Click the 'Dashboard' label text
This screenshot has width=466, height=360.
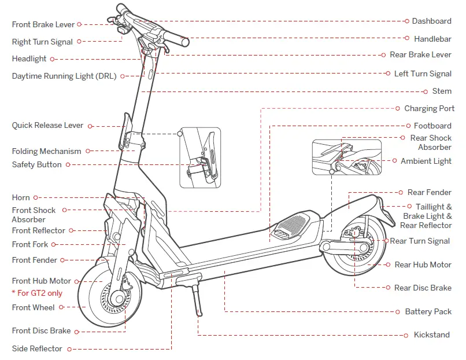(x=431, y=21)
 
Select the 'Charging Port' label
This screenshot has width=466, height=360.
(x=429, y=109)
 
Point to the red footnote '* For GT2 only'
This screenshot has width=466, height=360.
(x=37, y=293)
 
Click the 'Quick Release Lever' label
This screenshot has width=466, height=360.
(x=47, y=126)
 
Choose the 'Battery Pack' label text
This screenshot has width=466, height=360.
(x=428, y=312)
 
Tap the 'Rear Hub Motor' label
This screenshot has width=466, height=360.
(x=423, y=265)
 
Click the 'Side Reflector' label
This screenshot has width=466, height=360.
(x=37, y=349)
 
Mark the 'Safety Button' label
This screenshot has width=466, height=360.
(x=36, y=165)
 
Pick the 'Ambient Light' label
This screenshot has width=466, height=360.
(x=426, y=161)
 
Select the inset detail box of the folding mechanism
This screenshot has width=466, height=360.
(x=199, y=157)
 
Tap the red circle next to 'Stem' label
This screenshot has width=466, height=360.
(x=425, y=91)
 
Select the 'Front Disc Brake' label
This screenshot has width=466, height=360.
(x=41, y=331)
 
